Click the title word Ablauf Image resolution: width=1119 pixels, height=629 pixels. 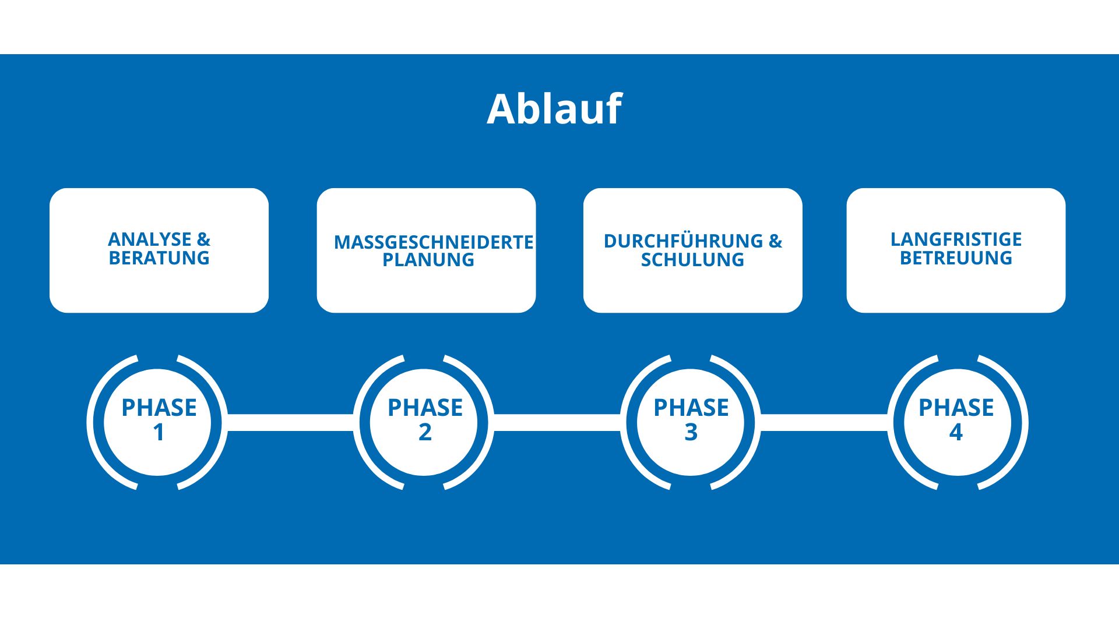[554, 109]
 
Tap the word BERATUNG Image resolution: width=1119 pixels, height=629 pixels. [159, 258]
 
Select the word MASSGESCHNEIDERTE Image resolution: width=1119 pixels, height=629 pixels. [433, 242]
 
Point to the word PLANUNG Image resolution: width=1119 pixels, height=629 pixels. [428, 260]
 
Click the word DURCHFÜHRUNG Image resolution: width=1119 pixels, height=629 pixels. [683, 241]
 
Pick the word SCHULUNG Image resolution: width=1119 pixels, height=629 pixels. [692, 260]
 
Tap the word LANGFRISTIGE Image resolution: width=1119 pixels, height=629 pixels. [956, 239]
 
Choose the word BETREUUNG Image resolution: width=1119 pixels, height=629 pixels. [956, 258]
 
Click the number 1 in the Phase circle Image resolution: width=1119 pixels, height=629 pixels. [159, 433]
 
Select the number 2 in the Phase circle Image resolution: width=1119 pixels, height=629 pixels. [425, 433]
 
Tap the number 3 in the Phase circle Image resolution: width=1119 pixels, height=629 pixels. [691, 433]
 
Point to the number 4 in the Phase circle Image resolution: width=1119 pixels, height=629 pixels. [956, 433]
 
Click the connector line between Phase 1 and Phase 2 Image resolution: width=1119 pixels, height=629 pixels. [290, 422]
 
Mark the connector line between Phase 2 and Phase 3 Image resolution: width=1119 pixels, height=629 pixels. [557, 422]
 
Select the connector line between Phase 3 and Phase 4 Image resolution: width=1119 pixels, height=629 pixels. [824, 422]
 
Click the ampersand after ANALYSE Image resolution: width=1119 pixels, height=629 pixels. [203, 239]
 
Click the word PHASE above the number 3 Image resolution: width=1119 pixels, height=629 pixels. [691, 408]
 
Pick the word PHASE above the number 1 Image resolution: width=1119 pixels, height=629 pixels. [159, 408]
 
